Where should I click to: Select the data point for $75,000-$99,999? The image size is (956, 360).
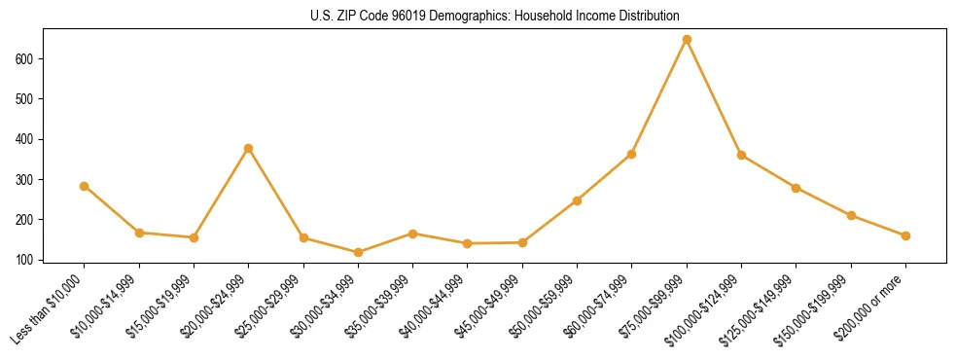(x=687, y=40)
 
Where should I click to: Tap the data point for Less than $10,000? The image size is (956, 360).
(x=85, y=186)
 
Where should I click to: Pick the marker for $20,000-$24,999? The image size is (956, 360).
(x=249, y=148)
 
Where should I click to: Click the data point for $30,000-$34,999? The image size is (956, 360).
(x=358, y=252)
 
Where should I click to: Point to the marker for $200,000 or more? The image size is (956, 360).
(x=905, y=235)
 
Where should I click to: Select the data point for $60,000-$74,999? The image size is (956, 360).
(x=632, y=154)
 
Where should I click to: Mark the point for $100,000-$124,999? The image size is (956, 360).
(x=741, y=155)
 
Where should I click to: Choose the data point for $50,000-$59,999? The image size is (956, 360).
(x=577, y=200)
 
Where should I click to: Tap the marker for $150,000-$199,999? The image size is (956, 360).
(x=851, y=215)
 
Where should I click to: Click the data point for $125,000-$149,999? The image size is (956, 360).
(x=796, y=188)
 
